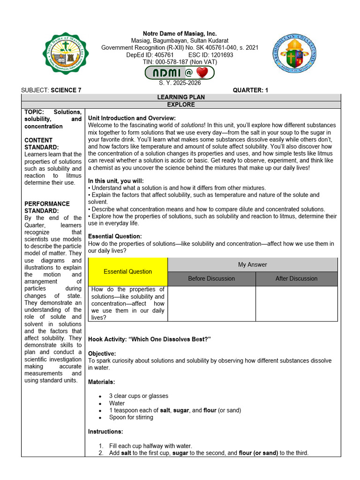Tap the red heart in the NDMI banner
coord(202,73)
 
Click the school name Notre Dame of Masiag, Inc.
coord(180,34)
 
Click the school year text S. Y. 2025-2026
coord(180,83)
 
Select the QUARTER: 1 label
coord(250,90)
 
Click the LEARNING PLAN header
coord(181,97)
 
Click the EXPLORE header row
coord(181,105)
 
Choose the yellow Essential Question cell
coord(127,271)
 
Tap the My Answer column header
coord(252,264)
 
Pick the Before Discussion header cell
coord(211,278)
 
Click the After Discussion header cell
coord(296,278)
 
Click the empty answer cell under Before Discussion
coord(211,303)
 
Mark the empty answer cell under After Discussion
coord(296,303)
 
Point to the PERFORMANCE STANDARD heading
coord(47,207)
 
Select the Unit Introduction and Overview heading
coord(132,118)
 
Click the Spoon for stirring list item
coord(131,417)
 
